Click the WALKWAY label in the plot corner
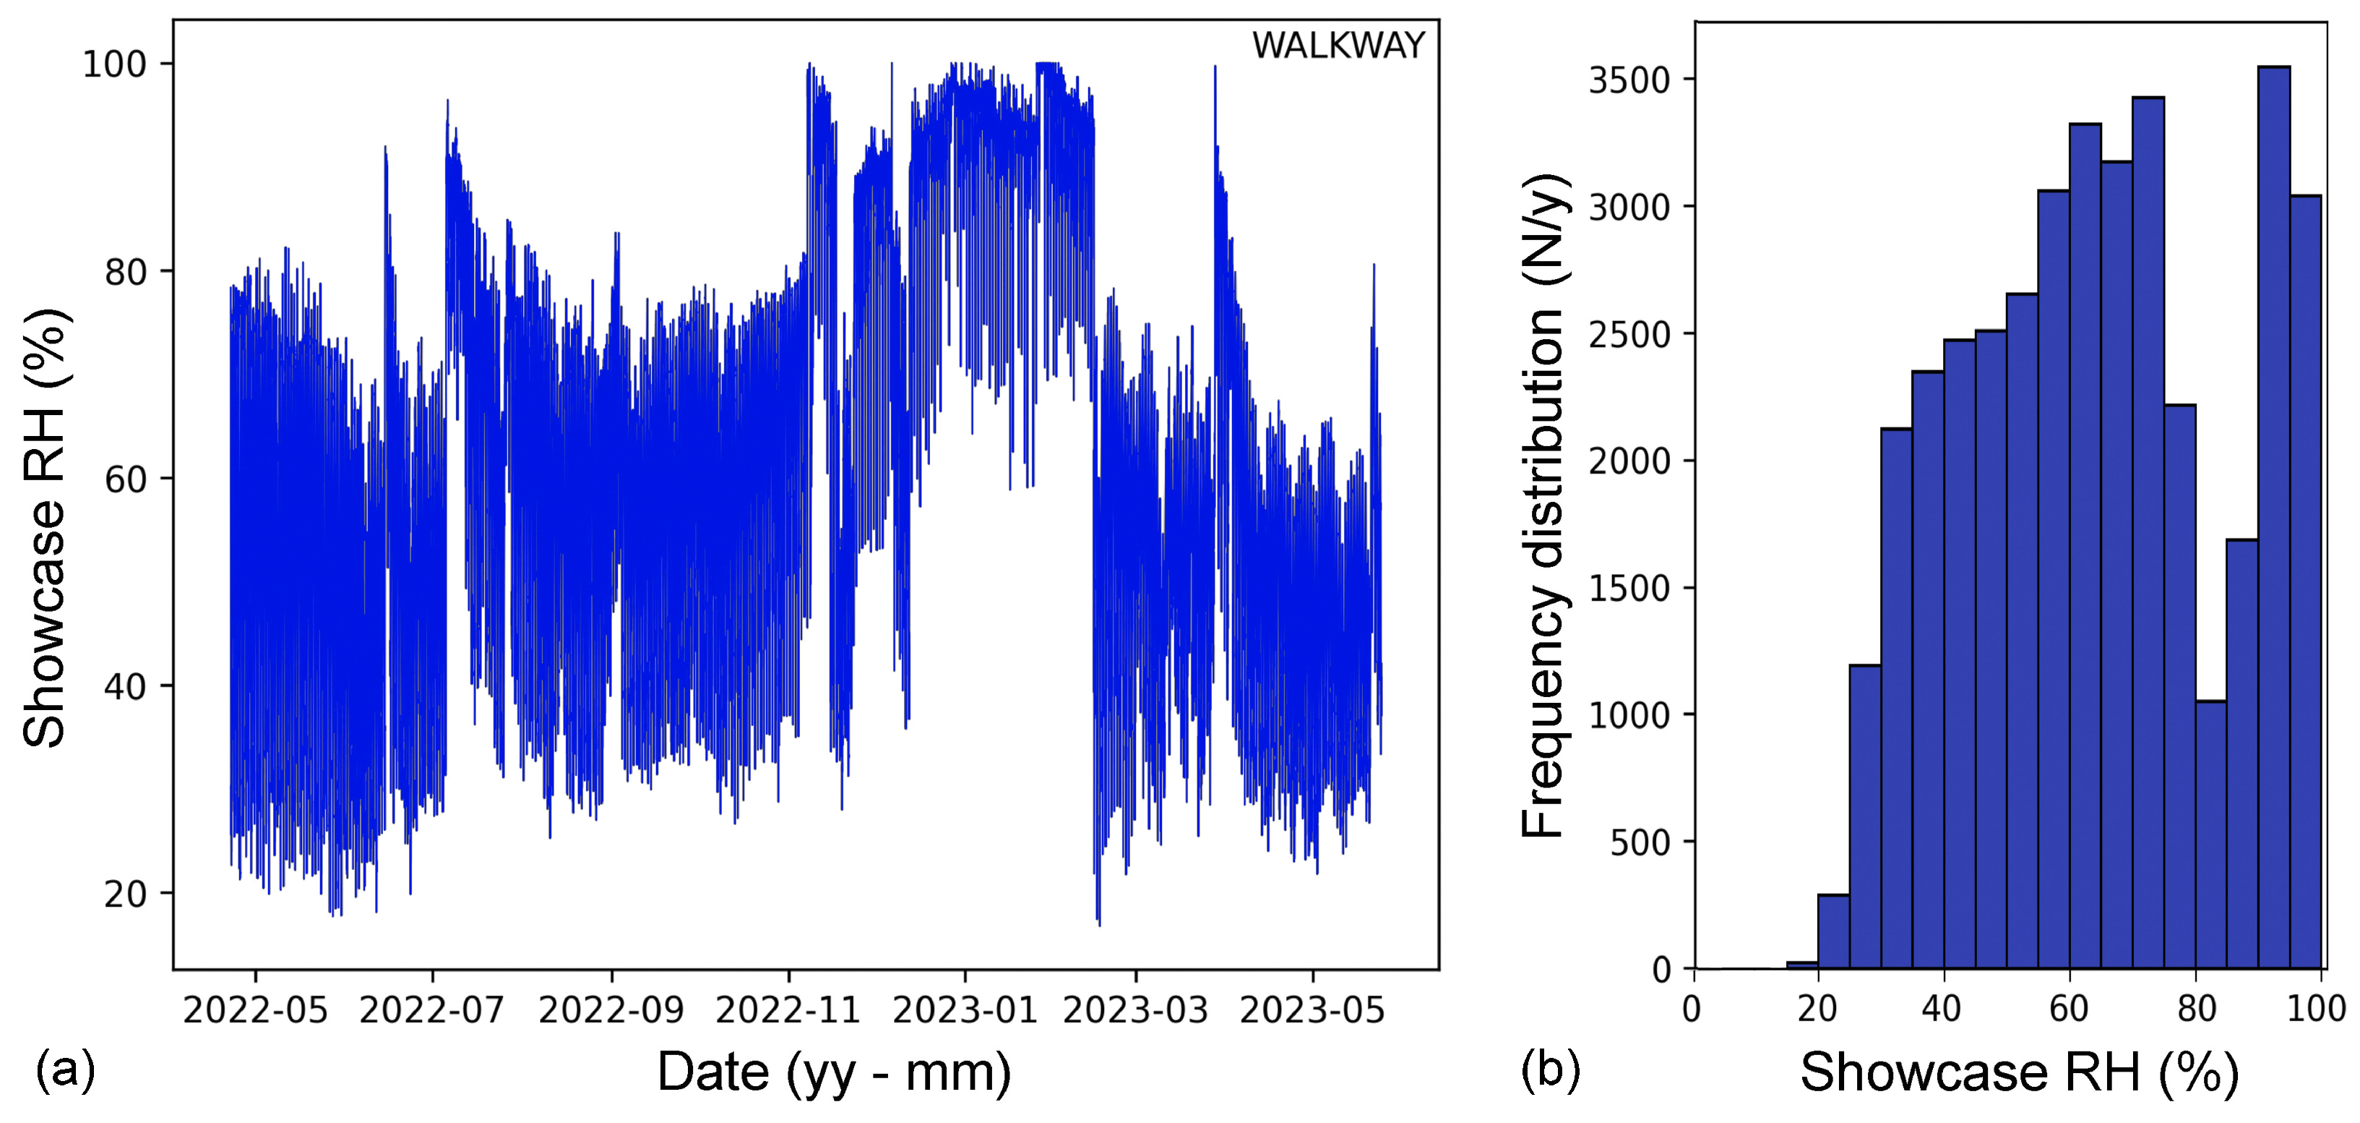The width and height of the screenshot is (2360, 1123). click(1338, 46)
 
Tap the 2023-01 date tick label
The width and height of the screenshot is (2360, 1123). click(965, 1011)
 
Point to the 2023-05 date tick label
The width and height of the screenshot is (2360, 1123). click(1312, 1011)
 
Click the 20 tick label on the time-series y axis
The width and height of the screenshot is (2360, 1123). click(126, 894)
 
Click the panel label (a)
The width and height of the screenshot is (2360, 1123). click(65, 1069)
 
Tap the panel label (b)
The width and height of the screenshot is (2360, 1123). click(1550, 1069)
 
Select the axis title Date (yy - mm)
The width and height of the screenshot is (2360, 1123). click(834, 1072)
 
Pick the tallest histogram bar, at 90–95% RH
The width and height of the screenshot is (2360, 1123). click(2274, 518)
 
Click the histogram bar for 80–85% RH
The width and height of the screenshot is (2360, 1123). click(2210, 834)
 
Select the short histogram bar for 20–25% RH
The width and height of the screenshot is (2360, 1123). click(1833, 931)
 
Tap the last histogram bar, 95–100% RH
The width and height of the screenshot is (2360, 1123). click(2305, 582)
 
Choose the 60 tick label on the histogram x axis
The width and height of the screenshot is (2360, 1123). click(2069, 1009)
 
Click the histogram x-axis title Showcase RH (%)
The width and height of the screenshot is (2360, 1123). click(2019, 1072)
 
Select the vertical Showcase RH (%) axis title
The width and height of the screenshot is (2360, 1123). click(44, 529)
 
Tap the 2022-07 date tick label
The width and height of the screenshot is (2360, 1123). click(431, 1011)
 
